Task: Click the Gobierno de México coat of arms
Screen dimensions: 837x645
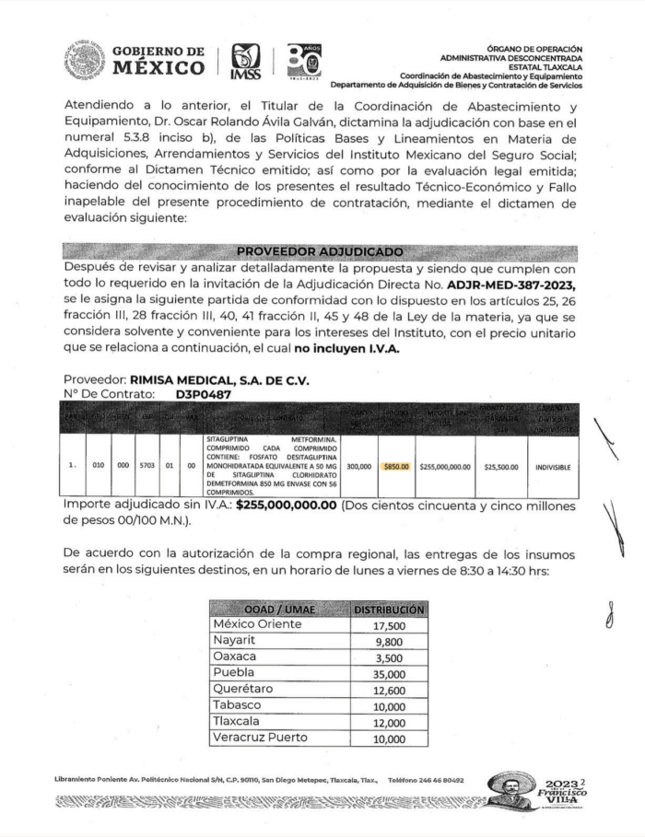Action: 84,60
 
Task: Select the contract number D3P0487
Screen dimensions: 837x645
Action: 204,394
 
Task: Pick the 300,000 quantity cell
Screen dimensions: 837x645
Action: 359,466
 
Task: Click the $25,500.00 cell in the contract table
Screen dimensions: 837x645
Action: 501,466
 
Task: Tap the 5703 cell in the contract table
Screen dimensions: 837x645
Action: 147,466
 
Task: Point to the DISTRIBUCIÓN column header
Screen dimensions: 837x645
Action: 388,609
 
